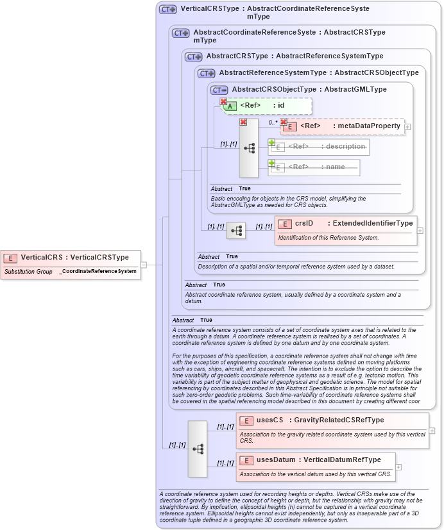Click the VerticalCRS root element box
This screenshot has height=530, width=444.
tap(71, 258)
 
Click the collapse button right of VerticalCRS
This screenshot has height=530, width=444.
tap(144, 264)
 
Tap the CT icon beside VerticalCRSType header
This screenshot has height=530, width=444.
tap(168, 10)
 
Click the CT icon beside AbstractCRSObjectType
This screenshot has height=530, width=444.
tap(219, 90)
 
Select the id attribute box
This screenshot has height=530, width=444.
tap(266, 106)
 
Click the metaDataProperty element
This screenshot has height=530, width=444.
tap(343, 126)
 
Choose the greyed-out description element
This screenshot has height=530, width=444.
tap(319, 147)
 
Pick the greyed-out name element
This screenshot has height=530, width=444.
tap(314, 167)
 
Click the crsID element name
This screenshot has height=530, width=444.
tap(304, 223)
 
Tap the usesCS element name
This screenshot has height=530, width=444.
tap(269, 420)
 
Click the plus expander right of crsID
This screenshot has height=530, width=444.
tap(420, 230)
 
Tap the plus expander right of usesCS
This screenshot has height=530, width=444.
tap(432, 430)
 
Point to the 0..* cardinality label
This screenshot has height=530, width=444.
tap(273, 122)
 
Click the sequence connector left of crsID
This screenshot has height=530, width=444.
tap(236, 231)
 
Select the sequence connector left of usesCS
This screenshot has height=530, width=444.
tap(198, 449)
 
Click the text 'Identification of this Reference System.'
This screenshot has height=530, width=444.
tap(327, 238)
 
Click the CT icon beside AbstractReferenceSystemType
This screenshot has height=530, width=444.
tap(207, 73)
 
